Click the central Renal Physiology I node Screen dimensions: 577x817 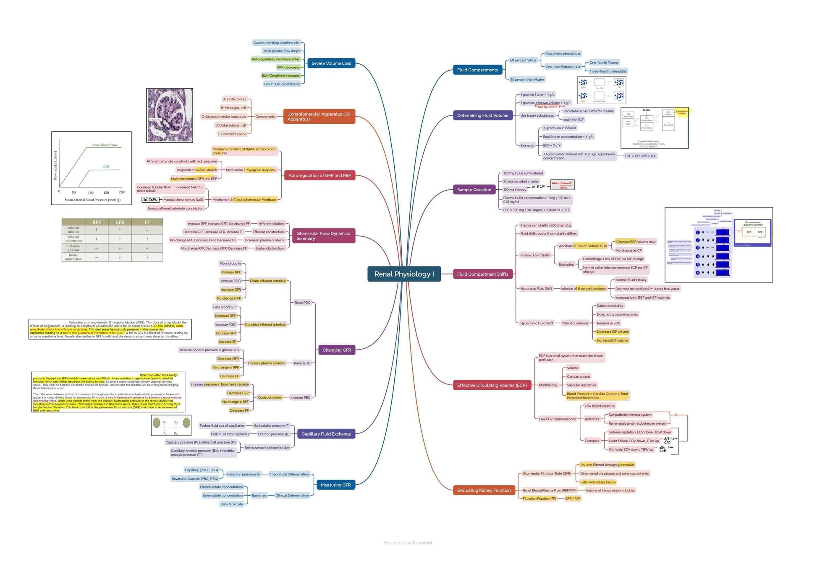[404, 274]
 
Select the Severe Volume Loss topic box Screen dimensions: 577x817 [331, 63]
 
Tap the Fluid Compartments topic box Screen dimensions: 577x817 [477, 70]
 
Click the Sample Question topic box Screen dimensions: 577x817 [474, 190]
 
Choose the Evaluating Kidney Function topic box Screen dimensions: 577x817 [484, 490]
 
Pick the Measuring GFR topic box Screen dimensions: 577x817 [335, 485]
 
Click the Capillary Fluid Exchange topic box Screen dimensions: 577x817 [326, 434]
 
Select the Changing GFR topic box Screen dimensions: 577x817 [336, 350]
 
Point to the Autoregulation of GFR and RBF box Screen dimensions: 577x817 [319, 175]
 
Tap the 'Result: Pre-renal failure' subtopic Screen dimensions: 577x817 [282, 84]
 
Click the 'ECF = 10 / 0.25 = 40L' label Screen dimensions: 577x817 [640, 156]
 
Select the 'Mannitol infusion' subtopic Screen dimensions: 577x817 [575, 323]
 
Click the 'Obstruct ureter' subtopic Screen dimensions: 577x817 [270, 397]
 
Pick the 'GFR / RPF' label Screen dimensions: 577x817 [572, 499]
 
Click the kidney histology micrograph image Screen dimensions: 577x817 [170, 115]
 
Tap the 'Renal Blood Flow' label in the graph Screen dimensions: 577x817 [105, 145]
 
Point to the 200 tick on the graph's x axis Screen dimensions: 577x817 [122, 192]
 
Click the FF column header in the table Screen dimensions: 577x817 [147, 222]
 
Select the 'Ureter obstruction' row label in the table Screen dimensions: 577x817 [73, 257]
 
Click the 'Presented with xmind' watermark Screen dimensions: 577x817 [408, 543]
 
